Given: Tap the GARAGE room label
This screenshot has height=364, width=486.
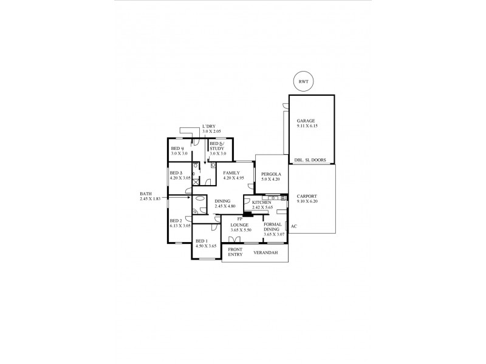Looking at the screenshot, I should pyautogui.click(x=306, y=121).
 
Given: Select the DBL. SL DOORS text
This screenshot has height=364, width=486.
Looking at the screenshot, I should pyautogui.click(x=310, y=161).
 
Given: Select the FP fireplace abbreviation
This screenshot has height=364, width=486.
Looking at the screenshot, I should pyautogui.click(x=240, y=219).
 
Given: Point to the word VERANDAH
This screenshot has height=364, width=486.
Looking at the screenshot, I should pyautogui.click(x=266, y=252).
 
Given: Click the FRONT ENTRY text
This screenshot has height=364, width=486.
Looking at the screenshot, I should pyautogui.click(x=235, y=252).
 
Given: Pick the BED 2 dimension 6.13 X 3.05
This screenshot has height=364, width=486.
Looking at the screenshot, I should pyautogui.click(x=180, y=226).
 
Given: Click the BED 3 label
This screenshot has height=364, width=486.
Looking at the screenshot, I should pyautogui.click(x=177, y=173).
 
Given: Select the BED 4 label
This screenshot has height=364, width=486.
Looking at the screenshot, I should pyautogui.click(x=177, y=149).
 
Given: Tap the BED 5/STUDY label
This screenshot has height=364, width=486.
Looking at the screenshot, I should pyautogui.click(x=217, y=146).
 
